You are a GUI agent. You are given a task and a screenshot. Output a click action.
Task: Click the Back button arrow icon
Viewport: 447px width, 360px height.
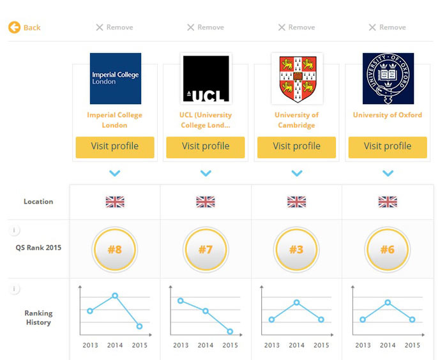(x=14, y=27)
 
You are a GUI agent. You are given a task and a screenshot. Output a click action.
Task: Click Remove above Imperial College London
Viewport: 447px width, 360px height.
(x=114, y=27)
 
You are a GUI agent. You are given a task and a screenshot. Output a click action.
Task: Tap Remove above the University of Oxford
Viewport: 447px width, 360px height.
(x=387, y=27)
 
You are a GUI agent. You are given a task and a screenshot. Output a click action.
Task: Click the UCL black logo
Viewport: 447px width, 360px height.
(x=206, y=79)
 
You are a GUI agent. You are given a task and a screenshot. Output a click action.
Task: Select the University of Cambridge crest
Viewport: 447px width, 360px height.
(x=297, y=79)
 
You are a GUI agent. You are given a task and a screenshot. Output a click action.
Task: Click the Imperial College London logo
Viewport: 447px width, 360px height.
(x=115, y=79)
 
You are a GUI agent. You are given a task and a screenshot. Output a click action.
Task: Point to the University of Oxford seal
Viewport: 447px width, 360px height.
(x=388, y=79)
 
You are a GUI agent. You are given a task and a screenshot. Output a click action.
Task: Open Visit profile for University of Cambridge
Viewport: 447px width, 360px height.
(x=296, y=146)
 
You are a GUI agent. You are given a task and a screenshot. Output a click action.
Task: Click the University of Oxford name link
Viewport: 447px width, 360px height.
(x=388, y=115)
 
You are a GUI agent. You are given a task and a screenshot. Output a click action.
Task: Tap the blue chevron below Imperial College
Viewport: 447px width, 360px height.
(x=115, y=173)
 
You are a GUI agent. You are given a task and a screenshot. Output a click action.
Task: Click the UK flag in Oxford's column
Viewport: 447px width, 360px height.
(x=388, y=202)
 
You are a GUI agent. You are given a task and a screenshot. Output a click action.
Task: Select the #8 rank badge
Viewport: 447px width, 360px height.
(x=115, y=250)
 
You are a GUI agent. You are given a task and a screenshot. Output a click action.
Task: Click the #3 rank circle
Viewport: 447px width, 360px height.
(x=296, y=250)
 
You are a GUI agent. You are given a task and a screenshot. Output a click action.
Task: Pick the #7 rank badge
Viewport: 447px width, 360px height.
(x=206, y=250)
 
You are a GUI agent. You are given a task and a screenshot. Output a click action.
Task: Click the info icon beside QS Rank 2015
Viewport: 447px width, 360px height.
(x=15, y=230)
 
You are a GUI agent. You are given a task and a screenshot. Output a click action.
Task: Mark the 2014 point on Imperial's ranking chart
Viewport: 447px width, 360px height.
(x=115, y=296)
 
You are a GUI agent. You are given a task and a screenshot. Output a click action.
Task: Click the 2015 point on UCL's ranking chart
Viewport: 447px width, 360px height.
(x=230, y=331)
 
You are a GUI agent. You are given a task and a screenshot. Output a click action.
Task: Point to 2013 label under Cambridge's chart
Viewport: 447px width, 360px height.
(x=272, y=345)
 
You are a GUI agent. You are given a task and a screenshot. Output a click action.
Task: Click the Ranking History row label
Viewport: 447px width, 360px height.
(x=38, y=318)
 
